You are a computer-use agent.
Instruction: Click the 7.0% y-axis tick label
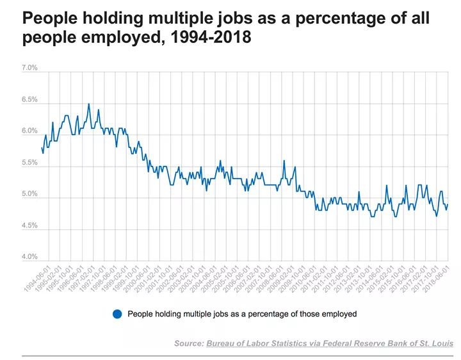pos(30,68)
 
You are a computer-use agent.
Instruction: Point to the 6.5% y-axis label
pos(30,100)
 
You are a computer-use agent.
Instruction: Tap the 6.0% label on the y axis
pos(30,131)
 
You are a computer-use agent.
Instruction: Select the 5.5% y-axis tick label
pos(30,163)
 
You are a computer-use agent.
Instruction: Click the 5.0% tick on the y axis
pos(30,194)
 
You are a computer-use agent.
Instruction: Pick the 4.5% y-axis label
pos(30,225)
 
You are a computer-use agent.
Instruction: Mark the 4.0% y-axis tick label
pos(30,257)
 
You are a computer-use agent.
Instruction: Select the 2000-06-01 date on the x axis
pos(138,281)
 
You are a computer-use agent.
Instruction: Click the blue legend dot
pos(117,314)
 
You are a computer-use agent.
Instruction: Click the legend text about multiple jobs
pos(242,314)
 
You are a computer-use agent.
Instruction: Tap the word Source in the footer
pos(188,344)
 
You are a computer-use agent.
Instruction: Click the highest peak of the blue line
pos(89,104)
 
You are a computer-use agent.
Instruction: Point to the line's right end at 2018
pos(448,204)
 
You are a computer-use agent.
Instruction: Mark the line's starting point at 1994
pos(41,148)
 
